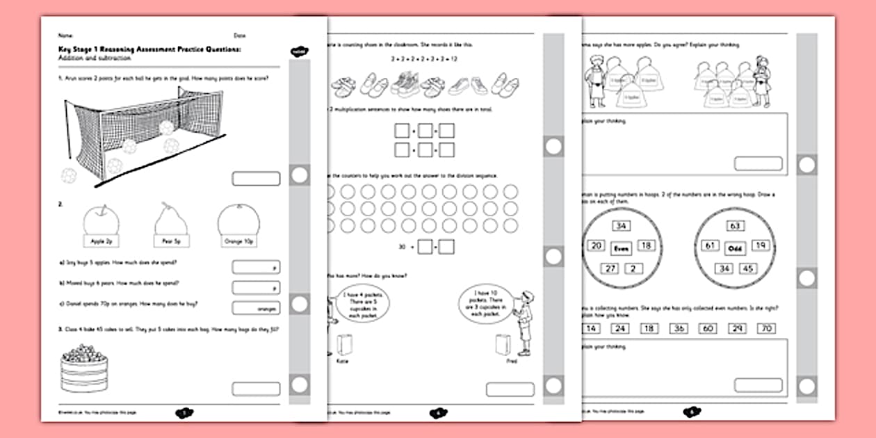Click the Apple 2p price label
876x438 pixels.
[x=101, y=241]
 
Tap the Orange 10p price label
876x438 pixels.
[x=238, y=241]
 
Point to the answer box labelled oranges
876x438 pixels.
[x=255, y=308]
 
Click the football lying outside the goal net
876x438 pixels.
[x=70, y=175]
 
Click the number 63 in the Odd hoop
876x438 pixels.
[x=736, y=226]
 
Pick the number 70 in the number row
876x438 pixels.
[x=765, y=328]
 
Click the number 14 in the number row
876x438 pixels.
[x=592, y=328]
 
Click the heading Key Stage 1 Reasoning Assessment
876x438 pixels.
[x=149, y=50]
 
